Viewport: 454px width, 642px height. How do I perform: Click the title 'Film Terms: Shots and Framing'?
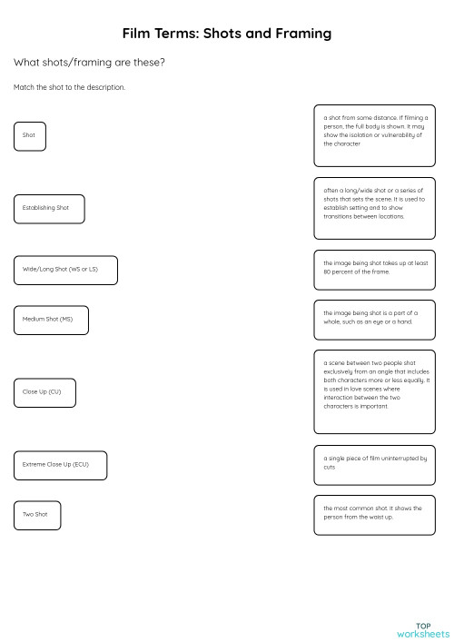227,34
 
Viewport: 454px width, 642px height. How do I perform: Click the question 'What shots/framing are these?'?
89,63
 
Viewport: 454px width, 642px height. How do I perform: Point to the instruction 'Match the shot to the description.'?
69,87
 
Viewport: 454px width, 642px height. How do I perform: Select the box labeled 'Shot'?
30,135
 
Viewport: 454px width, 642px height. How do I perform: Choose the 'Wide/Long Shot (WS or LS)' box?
65,270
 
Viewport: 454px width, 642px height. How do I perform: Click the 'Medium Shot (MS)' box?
51,319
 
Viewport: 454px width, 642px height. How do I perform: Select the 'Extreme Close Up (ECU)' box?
60,465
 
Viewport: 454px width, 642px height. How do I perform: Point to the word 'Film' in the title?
139,34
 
